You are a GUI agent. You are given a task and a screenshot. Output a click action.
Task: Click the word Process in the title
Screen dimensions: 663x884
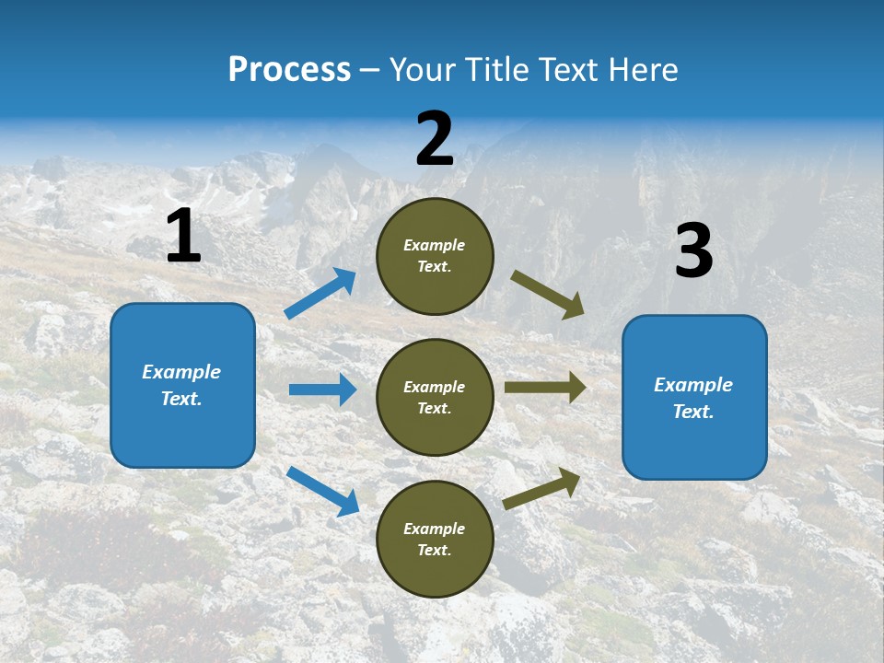point(289,69)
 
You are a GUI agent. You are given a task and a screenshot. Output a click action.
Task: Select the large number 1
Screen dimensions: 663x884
point(183,237)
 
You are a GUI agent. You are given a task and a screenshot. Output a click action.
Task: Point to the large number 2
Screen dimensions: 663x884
point(435,139)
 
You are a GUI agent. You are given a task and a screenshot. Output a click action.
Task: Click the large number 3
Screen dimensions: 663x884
point(693,251)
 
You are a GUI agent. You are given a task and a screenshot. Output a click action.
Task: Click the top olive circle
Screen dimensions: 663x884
point(435,256)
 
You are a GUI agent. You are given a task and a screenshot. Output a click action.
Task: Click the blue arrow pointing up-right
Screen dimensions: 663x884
point(320,294)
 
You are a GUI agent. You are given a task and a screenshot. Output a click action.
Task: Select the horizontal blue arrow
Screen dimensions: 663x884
point(322,390)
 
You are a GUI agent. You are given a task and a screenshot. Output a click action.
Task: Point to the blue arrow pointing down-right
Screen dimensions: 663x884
point(322,490)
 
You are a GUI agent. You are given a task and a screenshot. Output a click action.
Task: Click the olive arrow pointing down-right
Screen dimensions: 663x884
point(548,295)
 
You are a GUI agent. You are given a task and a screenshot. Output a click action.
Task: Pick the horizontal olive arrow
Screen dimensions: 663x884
point(544,388)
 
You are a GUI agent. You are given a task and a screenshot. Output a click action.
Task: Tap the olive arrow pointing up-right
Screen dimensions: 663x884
point(541,489)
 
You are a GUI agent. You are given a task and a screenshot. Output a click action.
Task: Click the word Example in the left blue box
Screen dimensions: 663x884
point(181,372)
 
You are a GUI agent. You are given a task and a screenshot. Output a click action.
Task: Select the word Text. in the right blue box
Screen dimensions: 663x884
point(693,412)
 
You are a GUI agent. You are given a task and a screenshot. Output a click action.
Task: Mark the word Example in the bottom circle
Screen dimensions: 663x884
point(435,529)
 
